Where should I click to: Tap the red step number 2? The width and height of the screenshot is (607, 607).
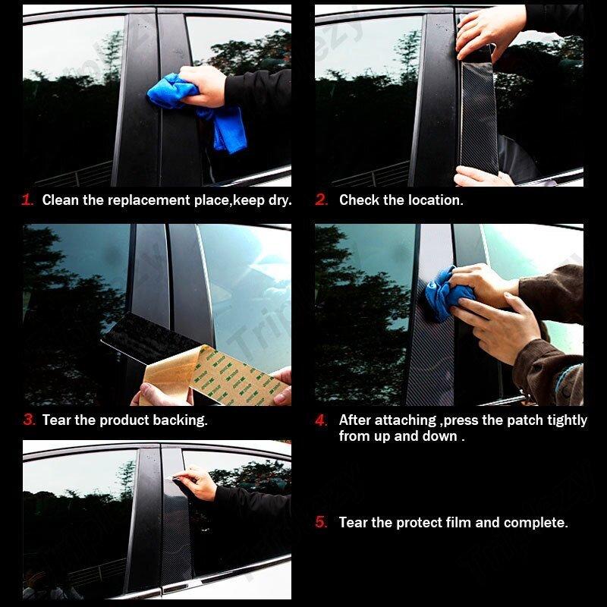322,200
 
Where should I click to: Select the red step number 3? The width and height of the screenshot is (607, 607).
29,420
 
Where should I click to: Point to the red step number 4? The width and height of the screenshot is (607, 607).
322,420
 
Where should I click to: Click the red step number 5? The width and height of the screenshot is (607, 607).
322,523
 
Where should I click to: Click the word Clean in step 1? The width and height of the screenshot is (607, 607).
60,200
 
